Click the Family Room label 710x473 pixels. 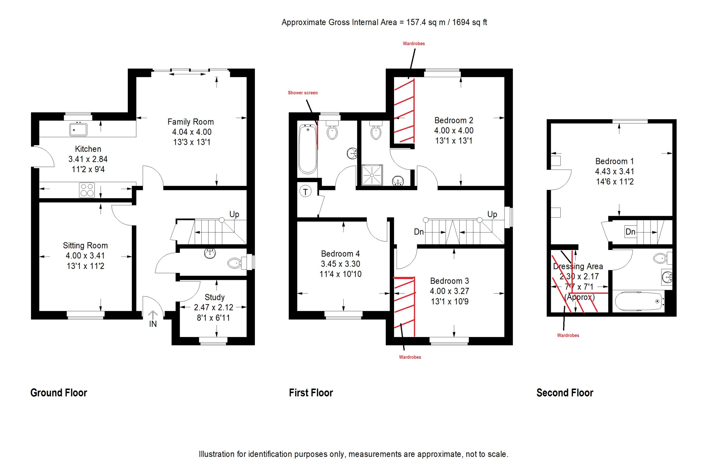click(191, 122)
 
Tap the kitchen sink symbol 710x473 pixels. click(78, 129)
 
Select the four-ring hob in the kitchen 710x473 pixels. click(87, 190)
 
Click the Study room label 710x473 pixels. click(215, 297)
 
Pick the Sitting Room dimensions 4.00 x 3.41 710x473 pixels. click(85, 256)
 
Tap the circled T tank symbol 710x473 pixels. click(305, 191)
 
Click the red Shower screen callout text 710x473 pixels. click(303, 93)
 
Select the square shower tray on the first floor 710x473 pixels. click(372, 175)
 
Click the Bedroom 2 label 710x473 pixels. click(454, 120)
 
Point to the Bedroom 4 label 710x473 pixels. click(340, 254)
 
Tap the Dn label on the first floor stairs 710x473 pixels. click(419, 232)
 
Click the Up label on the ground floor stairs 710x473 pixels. click(234, 214)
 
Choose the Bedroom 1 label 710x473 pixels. click(615, 161)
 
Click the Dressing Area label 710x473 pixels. click(578, 266)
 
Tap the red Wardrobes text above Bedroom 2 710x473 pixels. click(414, 44)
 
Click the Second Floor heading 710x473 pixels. click(565, 393)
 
